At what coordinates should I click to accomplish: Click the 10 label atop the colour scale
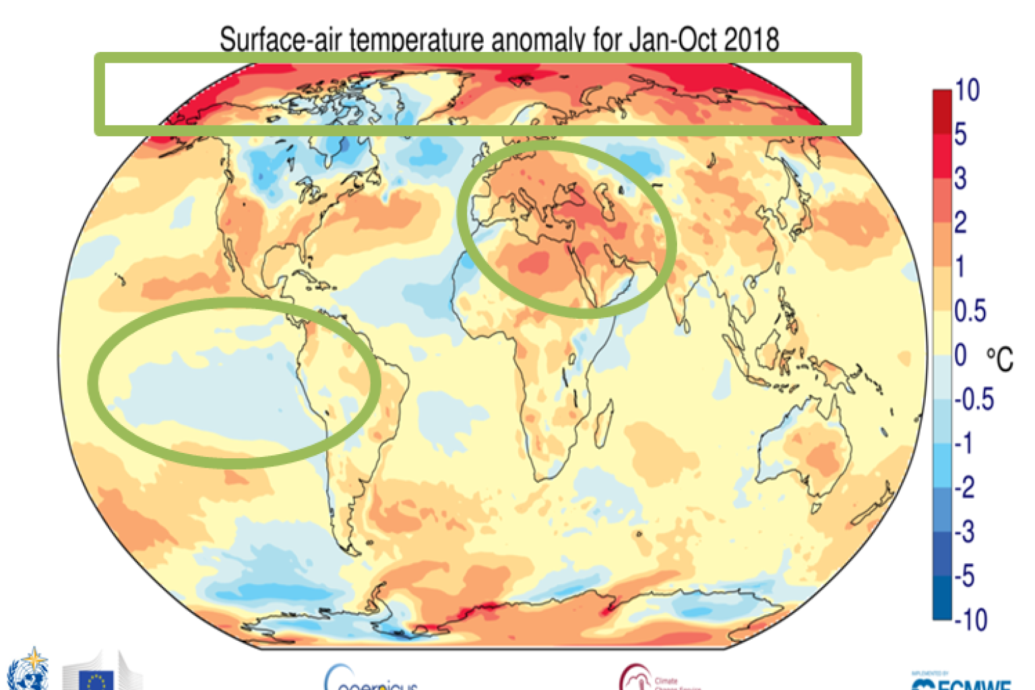(x=967, y=90)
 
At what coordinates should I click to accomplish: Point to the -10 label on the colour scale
(x=970, y=619)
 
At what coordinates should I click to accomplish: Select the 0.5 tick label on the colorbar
(x=970, y=311)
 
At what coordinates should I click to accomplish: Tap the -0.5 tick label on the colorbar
(x=974, y=400)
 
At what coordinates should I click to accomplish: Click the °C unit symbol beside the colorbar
(x=1000, y=358)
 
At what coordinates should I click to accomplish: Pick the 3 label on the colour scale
(x=960, y=179)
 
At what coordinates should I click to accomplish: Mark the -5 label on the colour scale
(x=964, y=576)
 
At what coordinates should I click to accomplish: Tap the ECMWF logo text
(x=964, y=682)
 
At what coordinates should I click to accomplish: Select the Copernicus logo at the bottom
(x=371, y=679)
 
